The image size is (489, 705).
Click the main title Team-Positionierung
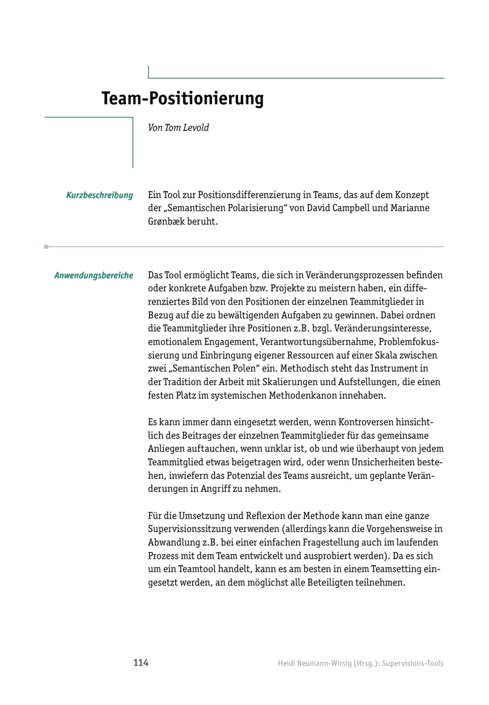click(x=182, y=98)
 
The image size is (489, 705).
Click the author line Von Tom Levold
click(x=178, y=128)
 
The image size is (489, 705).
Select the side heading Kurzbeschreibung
click(x=99, y=195)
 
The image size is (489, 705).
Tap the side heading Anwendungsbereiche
click(x=93, y=275)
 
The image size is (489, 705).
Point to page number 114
click(x=141, y=663)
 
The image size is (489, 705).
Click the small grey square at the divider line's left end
click(x=46, y=247)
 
